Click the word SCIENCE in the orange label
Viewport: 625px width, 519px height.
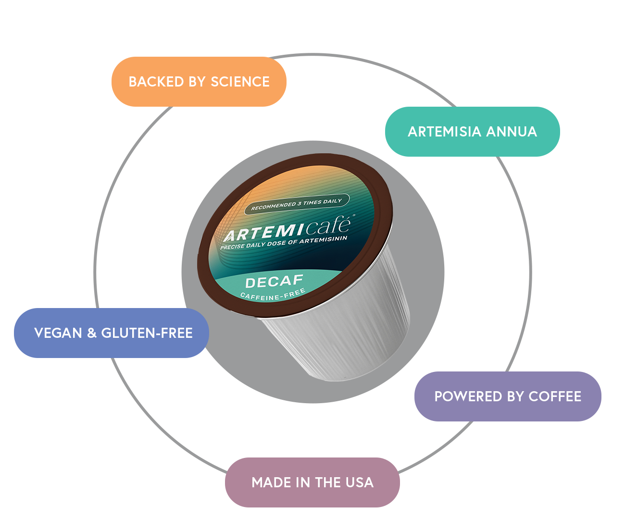pos(240,82)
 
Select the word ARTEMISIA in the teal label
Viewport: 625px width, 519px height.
pos(444,132)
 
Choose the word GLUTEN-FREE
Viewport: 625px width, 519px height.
pos(147,333)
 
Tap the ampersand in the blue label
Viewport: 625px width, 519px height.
pos(92,333)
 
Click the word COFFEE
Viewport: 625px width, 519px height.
pos(555,396)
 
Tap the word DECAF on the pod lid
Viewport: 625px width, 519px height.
pos(274,282)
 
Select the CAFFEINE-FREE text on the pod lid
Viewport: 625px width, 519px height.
pos(273,295)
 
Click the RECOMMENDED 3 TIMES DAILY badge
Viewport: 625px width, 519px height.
pos(296,204)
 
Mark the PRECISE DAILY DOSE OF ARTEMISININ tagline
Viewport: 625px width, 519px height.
pos(283,243)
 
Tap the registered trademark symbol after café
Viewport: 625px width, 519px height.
pos(354,216)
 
